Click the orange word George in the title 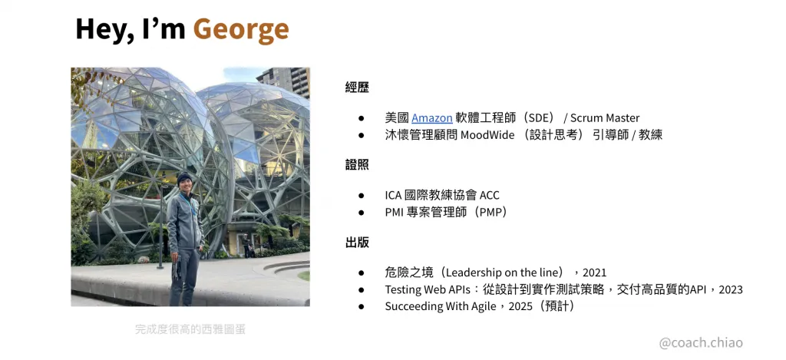(x=241, y=29)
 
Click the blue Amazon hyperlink (x=432, y=118)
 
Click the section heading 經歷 (x=357, y=88)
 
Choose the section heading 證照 (x=357, y=165)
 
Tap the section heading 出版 (x=357, y=243)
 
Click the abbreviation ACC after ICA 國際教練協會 (x=490, y=196)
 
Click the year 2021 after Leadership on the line (x=594, y=272)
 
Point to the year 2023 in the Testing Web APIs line (x=731, y=289)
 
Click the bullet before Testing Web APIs (x=361, y=289)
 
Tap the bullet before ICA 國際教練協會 (x=361, y=196)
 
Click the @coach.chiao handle (x=702, y=343)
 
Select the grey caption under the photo (x=190, y=329)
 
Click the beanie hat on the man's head (x=184, y=179)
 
